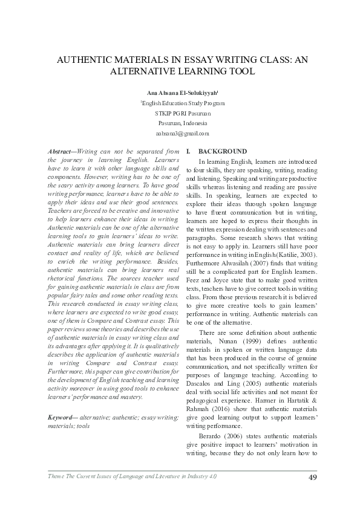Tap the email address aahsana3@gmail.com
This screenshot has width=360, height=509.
coord(182,133)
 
